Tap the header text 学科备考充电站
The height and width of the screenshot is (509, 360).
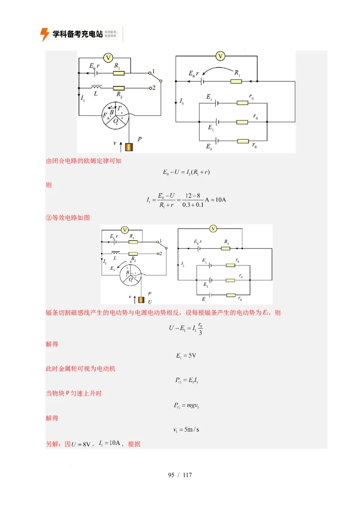(77, 34)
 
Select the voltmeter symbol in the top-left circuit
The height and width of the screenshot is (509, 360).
(108, 58)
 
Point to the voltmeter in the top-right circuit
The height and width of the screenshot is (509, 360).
(220, 56)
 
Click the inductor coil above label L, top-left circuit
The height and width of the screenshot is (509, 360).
(96, 86)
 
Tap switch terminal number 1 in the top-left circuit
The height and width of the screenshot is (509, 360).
(153, 71)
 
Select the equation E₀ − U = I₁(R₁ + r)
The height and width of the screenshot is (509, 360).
(186, 172)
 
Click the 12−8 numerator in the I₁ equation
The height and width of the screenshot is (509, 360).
(193, 195)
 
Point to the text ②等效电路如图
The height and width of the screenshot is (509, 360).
(68, 218)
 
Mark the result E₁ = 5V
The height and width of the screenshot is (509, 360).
(186, 356)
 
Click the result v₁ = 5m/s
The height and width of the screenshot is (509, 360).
(186, 429)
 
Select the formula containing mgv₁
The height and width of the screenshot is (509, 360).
(186, 405)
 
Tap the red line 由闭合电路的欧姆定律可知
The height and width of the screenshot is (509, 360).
(84, 161)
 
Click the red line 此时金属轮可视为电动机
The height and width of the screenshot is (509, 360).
(81, 369)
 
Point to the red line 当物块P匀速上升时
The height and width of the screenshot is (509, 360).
(74, 393)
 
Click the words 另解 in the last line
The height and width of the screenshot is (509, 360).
(55, 444)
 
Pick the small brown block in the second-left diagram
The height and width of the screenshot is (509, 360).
(141, 300)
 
